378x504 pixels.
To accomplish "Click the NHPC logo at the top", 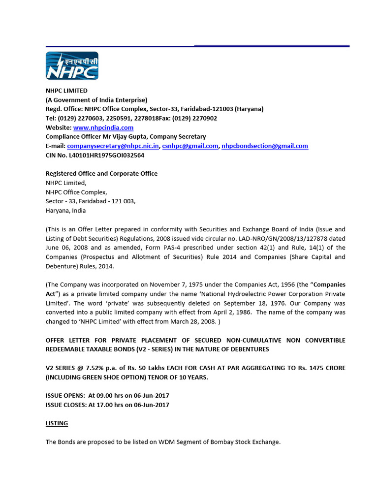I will tap(72, 65).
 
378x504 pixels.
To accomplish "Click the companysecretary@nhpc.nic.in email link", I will tap(113, 146).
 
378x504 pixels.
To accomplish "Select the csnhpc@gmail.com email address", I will tap(190, 146).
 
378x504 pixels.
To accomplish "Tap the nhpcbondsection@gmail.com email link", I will tap(265, 146).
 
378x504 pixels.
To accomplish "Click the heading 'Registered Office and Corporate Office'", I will tap(101, 173).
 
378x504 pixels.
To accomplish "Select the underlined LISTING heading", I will tap(57, 423).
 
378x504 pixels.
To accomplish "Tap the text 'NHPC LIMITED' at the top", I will tap(66, 91).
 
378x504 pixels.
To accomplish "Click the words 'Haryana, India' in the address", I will tap(65, 210).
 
